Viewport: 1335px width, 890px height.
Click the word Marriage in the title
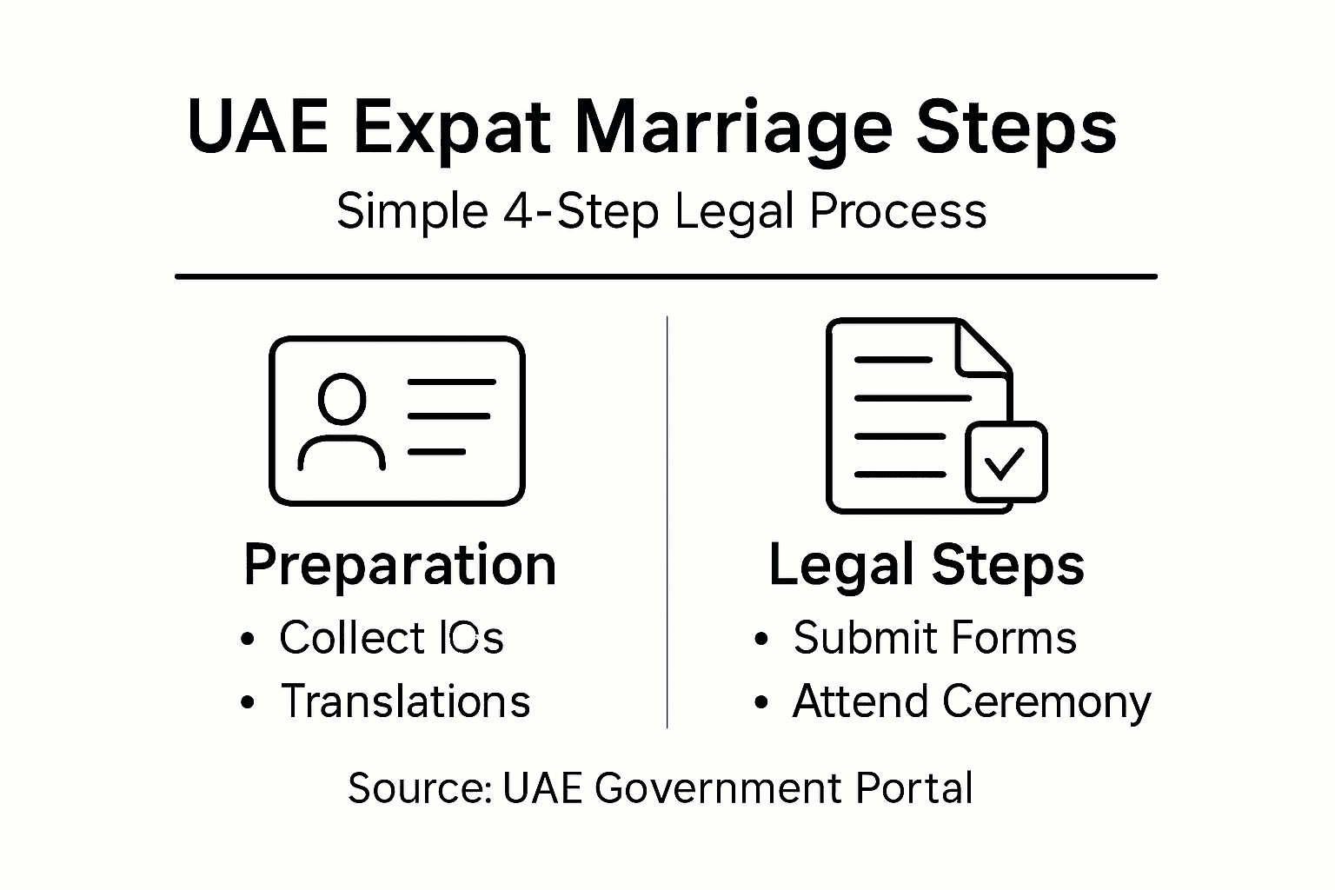(733, 129)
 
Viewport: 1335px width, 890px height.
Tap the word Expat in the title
(451, 129)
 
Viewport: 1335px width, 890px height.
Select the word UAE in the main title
(257, 129)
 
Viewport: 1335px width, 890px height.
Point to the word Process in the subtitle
(898, 211)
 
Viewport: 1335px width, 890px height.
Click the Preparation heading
(399, 565)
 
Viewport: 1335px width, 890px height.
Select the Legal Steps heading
(927, 565)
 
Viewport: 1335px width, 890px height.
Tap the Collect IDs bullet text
(391, 637)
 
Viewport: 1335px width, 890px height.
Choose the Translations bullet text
(405, 701)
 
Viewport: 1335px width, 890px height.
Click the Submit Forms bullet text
(934, 637)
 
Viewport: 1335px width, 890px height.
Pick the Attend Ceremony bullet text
(971, 701)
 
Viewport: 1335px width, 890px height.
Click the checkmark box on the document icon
(1006, 462)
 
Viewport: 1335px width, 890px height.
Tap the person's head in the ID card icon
(342, 399)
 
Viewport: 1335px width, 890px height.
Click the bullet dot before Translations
(249, 702)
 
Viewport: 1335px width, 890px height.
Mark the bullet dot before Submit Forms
(761, 639)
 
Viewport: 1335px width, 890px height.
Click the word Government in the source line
(718, 788)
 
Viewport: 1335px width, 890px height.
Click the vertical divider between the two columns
(667, 521)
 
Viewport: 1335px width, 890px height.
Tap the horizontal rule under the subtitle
(666, 276)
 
